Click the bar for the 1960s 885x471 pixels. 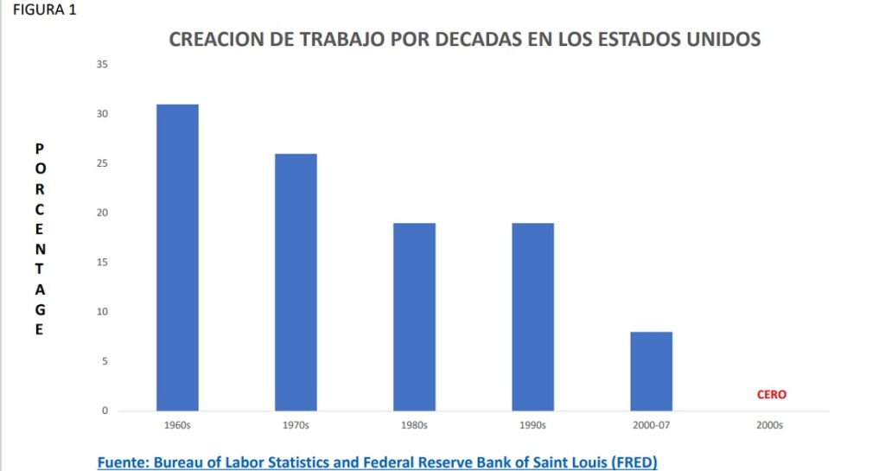(177, 257)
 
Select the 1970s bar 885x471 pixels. (296, 282)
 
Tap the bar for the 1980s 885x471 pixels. (414, 316)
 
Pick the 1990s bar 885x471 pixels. (532, 316)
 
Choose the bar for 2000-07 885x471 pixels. (651, 371)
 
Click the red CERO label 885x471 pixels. (771, 394)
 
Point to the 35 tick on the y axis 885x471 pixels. (103, 65)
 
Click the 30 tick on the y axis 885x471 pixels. (103, 114)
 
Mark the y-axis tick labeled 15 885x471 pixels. (103, 263)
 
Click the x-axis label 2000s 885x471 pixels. (769, 425)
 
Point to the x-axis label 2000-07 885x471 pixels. (651, 425)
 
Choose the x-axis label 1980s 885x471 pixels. (414, 425)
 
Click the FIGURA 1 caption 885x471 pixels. (39, 11)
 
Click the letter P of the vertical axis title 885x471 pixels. (39, 149)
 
